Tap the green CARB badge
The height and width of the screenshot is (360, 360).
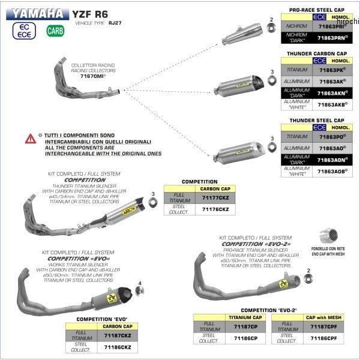[54, 30]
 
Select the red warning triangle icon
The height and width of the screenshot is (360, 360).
[30, 139]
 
